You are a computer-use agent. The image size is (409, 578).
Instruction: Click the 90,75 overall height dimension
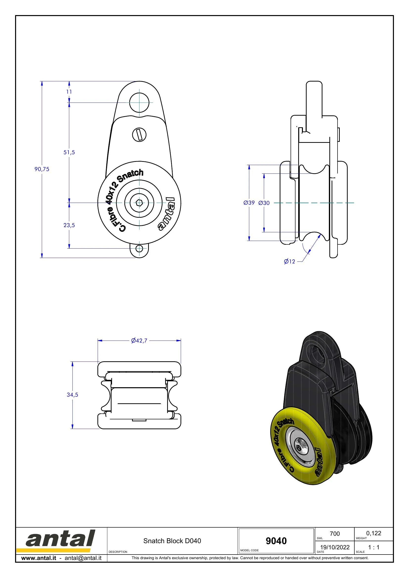click(42, 169)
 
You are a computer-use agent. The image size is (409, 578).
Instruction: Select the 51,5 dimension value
click(69, 152)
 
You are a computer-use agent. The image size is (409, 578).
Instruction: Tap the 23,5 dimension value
click(69, 225)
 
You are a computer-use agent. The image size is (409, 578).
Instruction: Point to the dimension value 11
click(69, 92)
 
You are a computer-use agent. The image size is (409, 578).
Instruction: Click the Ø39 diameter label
click(249, 203)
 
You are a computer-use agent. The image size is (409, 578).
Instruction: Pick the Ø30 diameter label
click(264, 203)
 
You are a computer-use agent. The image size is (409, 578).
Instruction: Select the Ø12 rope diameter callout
click(289, 261)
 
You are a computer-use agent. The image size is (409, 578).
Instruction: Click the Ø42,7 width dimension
click(139, 341)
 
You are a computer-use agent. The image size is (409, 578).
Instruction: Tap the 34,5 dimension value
click(72, 395)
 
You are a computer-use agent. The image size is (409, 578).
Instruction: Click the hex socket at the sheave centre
click(139, 203)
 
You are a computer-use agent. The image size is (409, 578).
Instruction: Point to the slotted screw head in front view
click(139, 134)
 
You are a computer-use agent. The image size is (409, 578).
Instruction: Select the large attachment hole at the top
click(139, 103)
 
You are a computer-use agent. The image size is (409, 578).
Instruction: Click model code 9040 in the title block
click(276, 541)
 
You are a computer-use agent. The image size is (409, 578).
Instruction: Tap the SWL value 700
click(335, 534)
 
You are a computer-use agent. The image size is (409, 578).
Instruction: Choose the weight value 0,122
click(374, 533)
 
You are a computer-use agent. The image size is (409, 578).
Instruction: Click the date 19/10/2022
click(335, 547)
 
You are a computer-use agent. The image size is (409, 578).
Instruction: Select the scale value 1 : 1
click(374, 547)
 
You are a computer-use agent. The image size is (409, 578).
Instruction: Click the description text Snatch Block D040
click(172, 541)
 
